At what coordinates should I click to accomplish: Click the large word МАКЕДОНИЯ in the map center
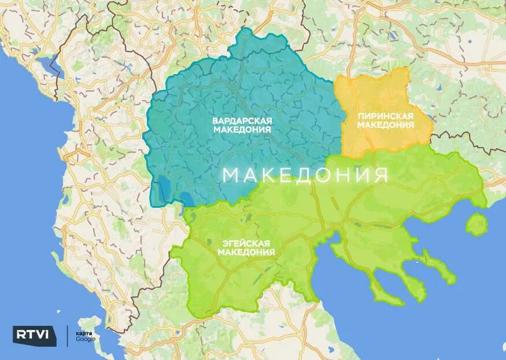pyautogui.click(x=305, y=175)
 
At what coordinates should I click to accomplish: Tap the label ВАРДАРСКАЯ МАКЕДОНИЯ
pyautogui.click(x=242, y=125)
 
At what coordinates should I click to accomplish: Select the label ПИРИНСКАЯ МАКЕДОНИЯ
pyautogui.click(x=386, y=120)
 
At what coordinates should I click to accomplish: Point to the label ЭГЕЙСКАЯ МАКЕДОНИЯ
pyautogui.click(x=246, y=248)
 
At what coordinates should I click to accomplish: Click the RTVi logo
pyautogui.click(x=35, y=335)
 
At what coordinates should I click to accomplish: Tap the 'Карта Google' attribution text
pyautogui.click(x=85, y=335)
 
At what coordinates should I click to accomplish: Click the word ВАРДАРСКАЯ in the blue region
pyautogui.click(x=242, y=120)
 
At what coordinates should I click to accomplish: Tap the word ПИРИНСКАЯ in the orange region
pyautogui.click(x=386, y=116)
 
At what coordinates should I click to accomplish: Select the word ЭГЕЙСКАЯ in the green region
pyautogui.click(x=246, y=243)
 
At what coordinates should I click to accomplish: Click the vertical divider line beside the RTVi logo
pyautogui.click(x=68, y=335)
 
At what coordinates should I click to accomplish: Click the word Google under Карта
pyautogui.click(x=86, y=339)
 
